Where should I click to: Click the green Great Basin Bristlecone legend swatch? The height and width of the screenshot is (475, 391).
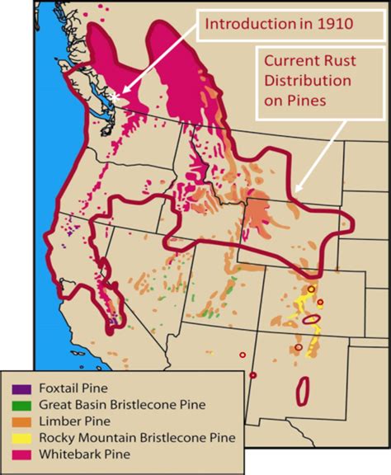pos(17,404)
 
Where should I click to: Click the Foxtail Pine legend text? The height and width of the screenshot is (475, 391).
pos(65,388)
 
